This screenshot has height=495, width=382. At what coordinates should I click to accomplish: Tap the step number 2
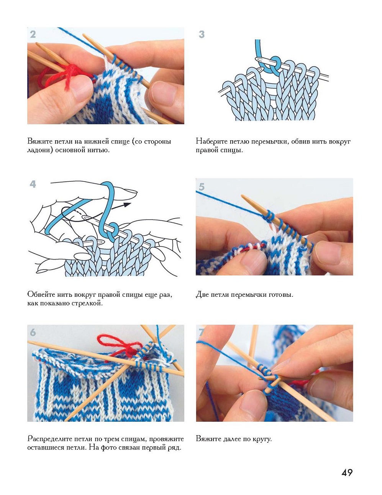point(33,35)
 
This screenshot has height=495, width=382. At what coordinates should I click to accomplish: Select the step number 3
point(202,35)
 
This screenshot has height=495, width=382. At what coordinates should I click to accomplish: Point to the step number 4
point(33,184)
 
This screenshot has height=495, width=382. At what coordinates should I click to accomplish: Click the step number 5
point(202,187)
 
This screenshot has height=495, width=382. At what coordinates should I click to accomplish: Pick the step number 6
point(33,332)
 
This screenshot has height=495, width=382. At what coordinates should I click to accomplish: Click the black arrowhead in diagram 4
point(128,205)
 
